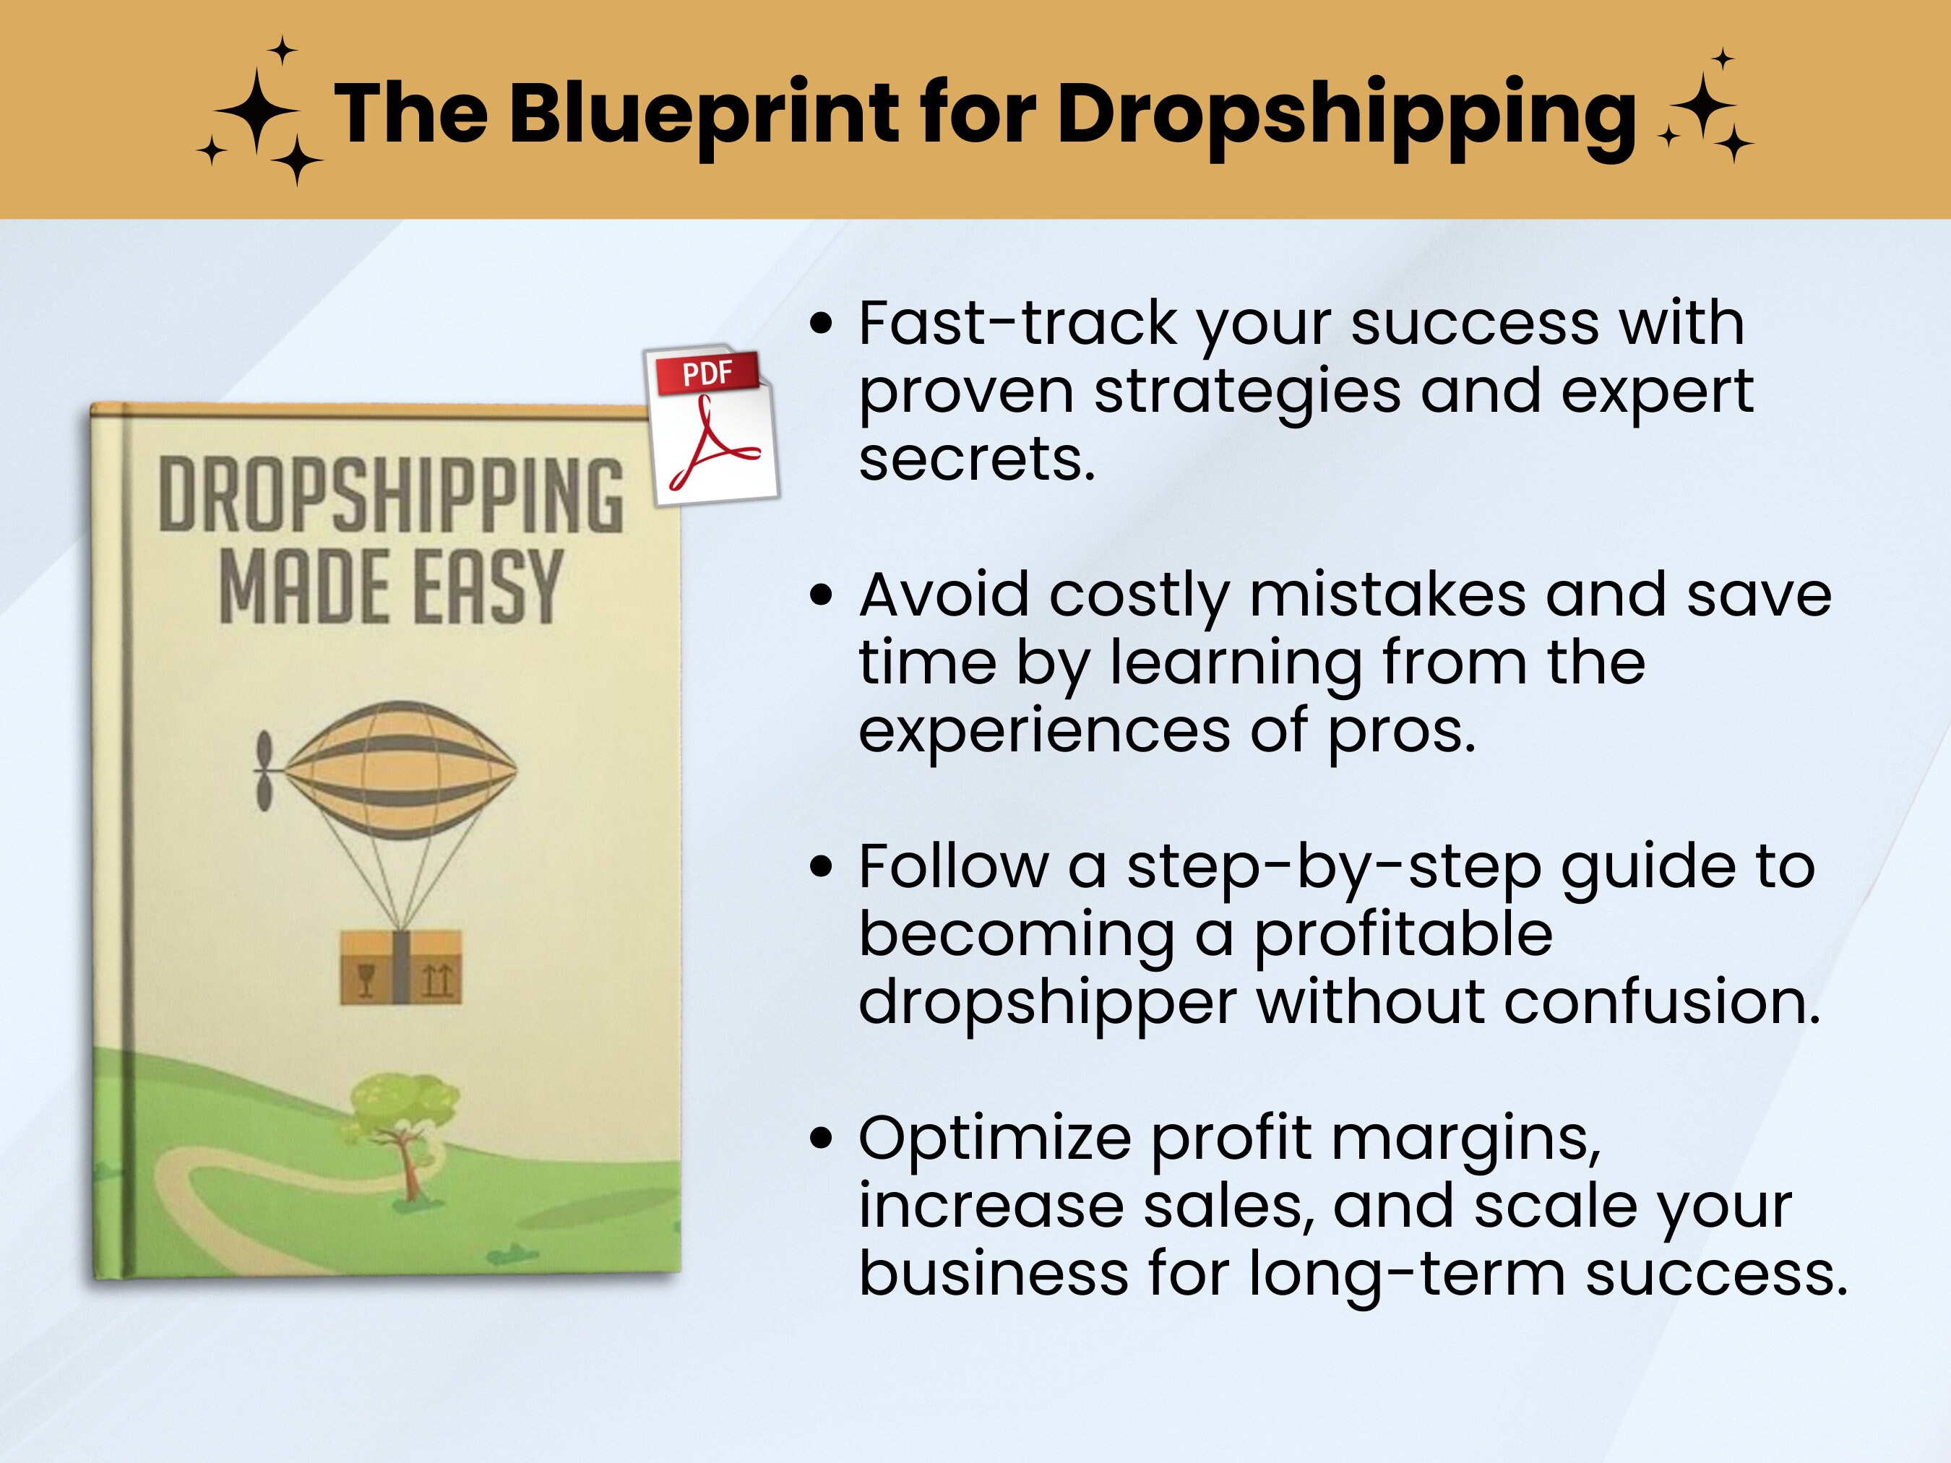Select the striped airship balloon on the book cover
coord(399,769)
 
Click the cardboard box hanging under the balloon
coord(400,967)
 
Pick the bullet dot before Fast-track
coord(820,324)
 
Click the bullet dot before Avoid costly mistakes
coord(820,595)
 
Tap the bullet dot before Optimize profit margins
coord(820,1139)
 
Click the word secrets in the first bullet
coord(976,459)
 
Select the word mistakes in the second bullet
coord(1387,595)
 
